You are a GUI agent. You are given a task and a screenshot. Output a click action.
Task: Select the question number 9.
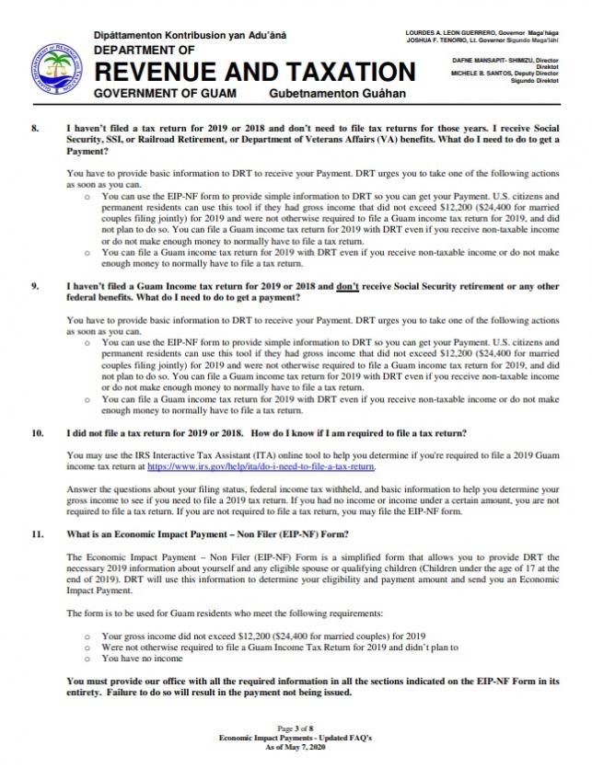[x=35, y=286]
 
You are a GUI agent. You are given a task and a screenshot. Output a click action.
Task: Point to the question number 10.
[x=38, y=432]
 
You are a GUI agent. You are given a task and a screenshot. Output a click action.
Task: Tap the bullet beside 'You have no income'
[x=87, y=658]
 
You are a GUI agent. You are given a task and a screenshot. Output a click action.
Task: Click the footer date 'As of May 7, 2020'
[x=296, y=746]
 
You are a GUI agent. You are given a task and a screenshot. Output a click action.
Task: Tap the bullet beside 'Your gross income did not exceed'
[x=87, y=636]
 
